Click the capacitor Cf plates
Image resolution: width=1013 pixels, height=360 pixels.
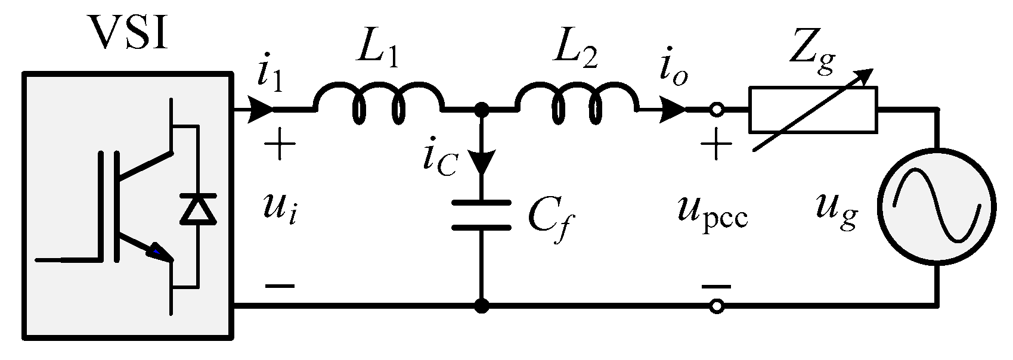[482, 215]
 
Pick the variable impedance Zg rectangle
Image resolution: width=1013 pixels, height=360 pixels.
[813, 110]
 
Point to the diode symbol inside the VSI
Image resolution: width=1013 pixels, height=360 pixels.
[197, 210]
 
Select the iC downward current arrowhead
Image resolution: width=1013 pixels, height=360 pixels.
[482, 162]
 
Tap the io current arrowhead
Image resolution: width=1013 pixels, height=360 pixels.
[673, 110]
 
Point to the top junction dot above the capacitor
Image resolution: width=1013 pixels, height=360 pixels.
[482, 110]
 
